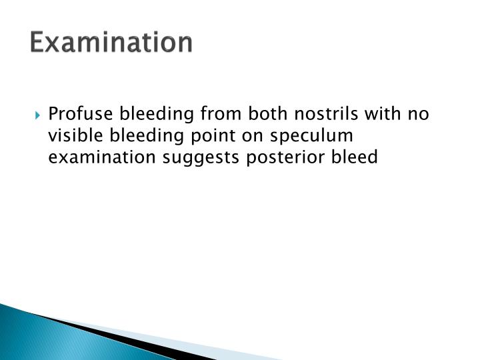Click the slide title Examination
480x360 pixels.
click(111, 43)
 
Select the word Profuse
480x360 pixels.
click(75, 114)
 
